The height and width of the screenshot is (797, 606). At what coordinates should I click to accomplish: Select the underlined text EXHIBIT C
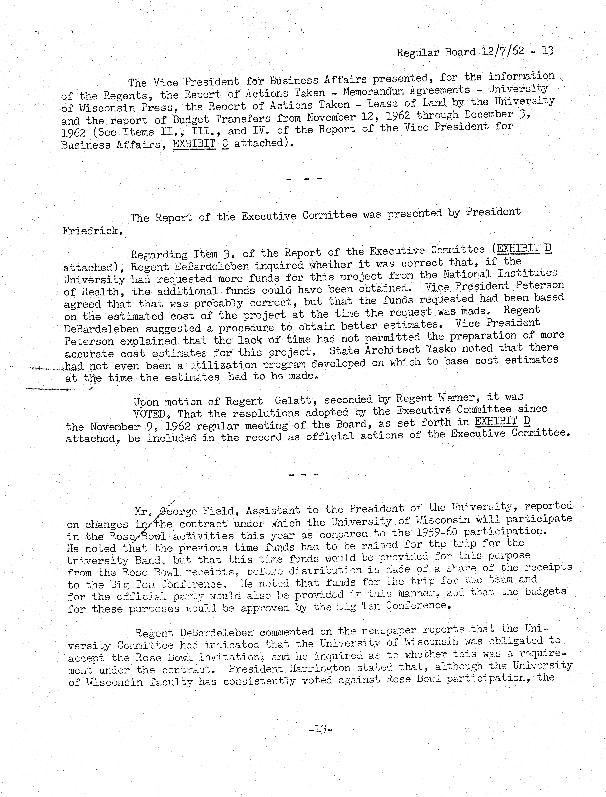201,144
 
